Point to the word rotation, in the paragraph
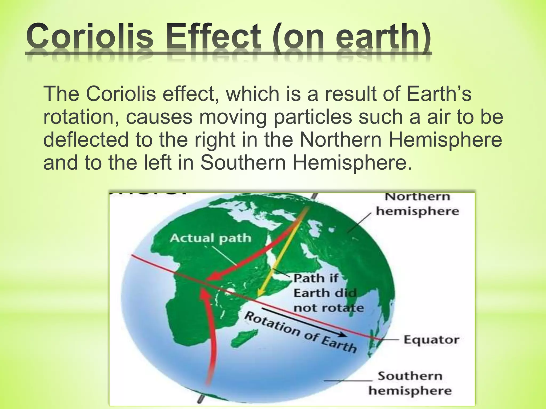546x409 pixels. pyautogui.click(x=81, y=117)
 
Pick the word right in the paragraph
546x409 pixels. pyautogui.click(x=215, y=140)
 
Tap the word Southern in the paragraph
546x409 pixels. pyautogui.click(x=243, y=162)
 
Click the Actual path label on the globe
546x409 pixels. pyautogui.click(x=211, y=238)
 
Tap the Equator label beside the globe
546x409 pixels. pyautogui.click(x=431, y=340)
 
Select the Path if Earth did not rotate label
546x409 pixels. pyautogui.click(x=328, y=293)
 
